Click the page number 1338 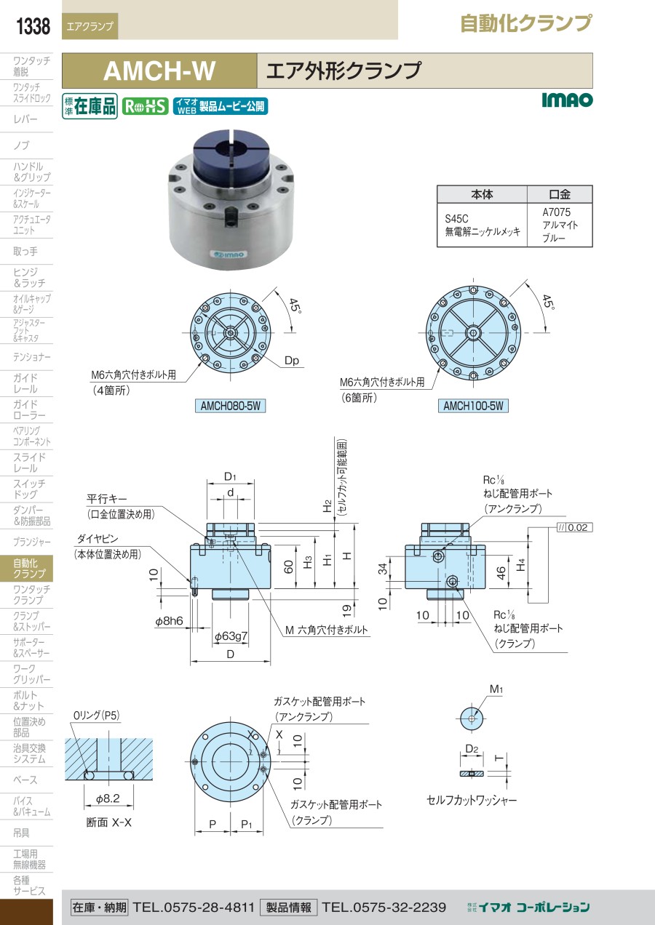pyautogui.click(x=33, y=26)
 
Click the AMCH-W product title pyautogui.click(x=159, y=71)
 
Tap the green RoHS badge pyautogui.click(x=145, y=106)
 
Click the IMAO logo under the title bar pyautogui.click(x=567, y=100)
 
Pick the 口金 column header pyautogui.click(x=560, y=194)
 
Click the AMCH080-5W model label pyautogui.click(x=230, y=406)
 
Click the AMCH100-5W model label pyautogui.click(x=473, y=406)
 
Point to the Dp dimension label pyautogui.click(x=292, y=361)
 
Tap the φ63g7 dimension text pyautogui.click(x=231, y=636)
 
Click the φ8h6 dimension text pyautogui.click(x=169, y=621)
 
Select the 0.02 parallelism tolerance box pyautogui.click(x=575, y=527)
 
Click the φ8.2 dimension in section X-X pyautogui.click(x=108, y=799)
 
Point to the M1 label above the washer pyautogui.click(x=496, y=689)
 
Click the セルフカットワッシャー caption pyautogui.click(x=472, y=801)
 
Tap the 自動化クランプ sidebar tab pyautogui.click(x=26, y=568)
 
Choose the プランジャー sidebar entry pyautogui.click(x=31, y=542)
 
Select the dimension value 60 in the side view pyautogui.click(x=288, y=566)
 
